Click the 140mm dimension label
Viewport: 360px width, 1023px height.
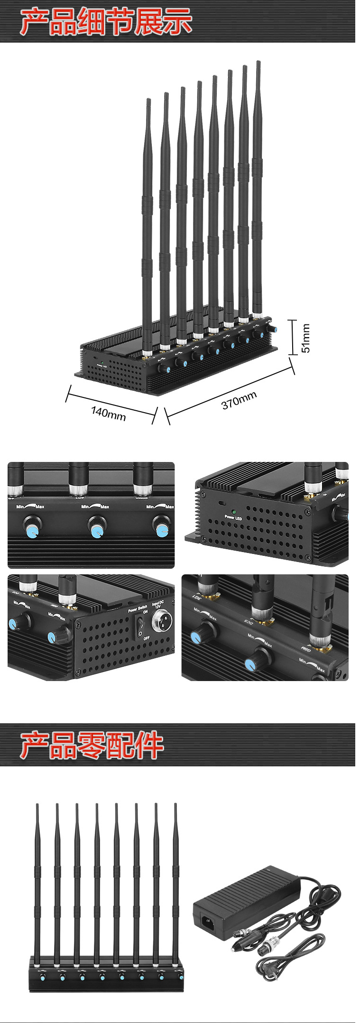coord(108,413)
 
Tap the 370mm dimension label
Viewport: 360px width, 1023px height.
coord(239,400)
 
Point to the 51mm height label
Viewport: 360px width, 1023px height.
coord(306,338)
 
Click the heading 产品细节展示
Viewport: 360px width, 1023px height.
coord(106,22)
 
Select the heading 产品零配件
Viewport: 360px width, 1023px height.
coord(92,745)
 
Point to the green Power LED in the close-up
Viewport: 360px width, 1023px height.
coord(234,512)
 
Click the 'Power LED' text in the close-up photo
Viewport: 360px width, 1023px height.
coord(233,518)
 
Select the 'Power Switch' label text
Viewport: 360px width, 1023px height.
coord(137,609)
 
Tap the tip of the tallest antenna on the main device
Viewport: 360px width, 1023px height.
coord(258,62)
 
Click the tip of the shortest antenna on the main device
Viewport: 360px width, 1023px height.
coord(148,100)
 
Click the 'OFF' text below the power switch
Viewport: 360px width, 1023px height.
coord(147,638)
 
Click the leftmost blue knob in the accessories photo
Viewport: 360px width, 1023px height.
coord(42,976)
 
